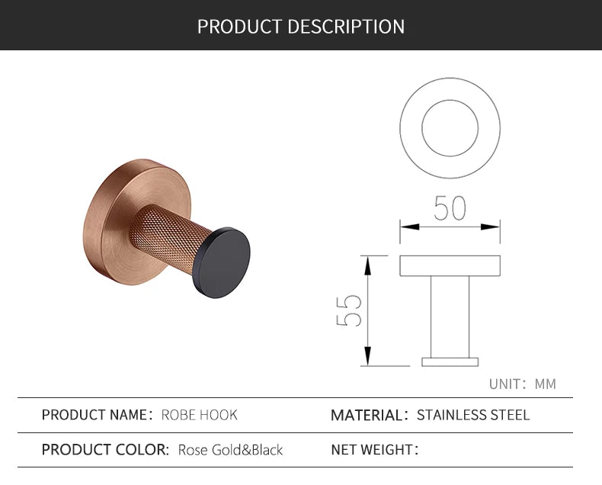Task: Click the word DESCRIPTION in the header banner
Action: [346, 27]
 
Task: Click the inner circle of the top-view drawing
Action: [450, 127]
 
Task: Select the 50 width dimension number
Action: [450, 208]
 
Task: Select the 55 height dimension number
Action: [350, 310]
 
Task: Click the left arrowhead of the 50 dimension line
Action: [406, 226]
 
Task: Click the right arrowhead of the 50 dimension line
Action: [494, 226]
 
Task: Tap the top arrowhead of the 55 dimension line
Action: [367, 262]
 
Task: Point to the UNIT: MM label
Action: [522, 384]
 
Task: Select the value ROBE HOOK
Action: [200, 415]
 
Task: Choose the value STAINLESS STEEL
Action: [473, 416]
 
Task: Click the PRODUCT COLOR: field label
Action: [105, 450]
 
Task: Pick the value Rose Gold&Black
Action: [230, 450]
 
